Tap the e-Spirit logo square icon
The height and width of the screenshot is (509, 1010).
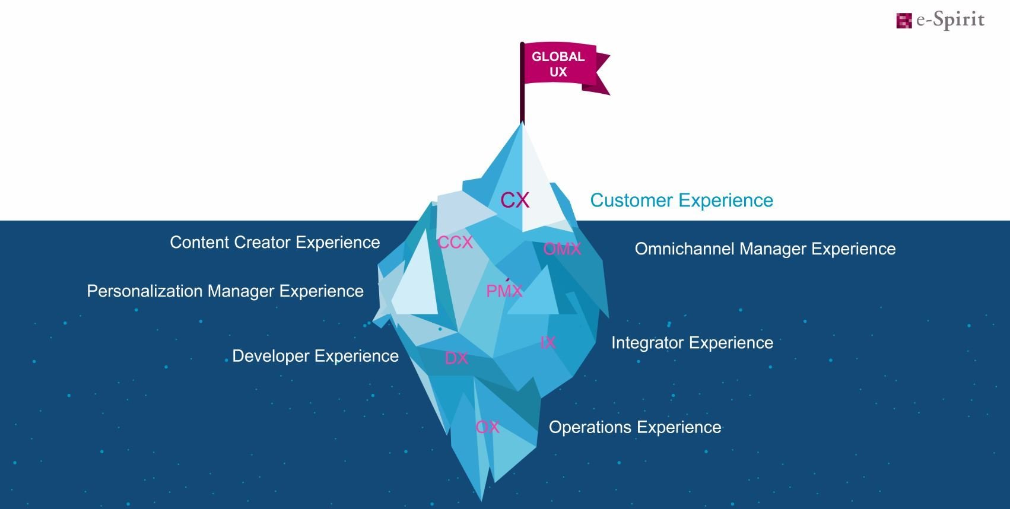point(904,20)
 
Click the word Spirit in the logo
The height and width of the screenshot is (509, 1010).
point(958,20)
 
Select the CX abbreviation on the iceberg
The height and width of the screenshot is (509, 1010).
point(514,200)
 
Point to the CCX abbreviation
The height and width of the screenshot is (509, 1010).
point(455,243)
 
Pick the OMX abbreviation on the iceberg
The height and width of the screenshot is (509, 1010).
point(562,249)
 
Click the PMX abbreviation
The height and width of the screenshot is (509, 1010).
point(504,291)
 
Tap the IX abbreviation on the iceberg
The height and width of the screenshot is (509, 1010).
point(548,343)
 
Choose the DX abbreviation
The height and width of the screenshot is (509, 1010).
point(456,358)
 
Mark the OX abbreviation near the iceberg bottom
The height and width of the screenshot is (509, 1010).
point(487,427)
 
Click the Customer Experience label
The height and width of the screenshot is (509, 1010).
point(681,200)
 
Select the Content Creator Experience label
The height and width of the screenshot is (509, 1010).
point(275,243)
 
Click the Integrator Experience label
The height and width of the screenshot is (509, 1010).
point(692,343)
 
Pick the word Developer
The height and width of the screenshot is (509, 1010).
point(271,356)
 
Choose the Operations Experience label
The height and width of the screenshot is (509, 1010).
point(635,427)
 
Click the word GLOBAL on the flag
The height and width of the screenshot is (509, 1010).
point(558,57)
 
